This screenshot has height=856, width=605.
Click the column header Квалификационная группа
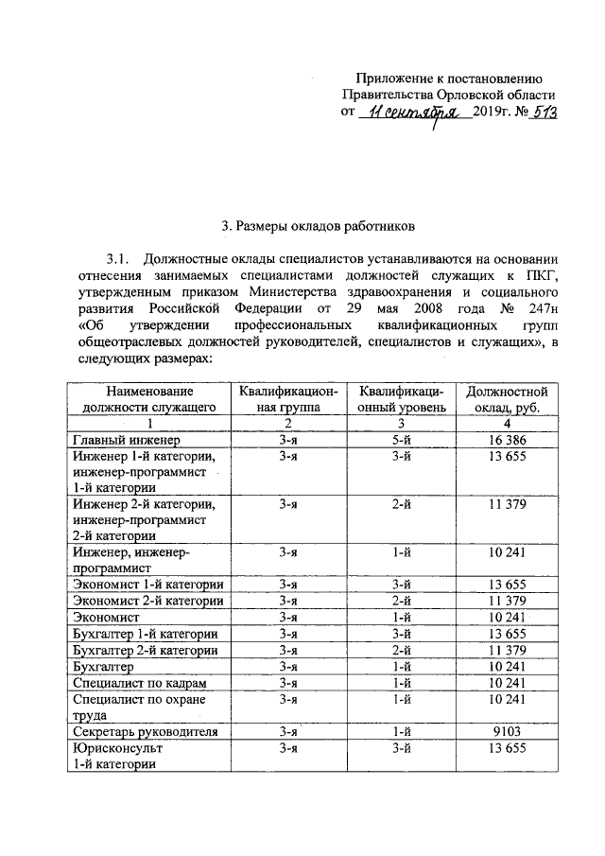point(287,399)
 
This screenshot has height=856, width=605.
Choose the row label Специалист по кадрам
point(139,682)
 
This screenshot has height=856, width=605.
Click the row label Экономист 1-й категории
point(147,585)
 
